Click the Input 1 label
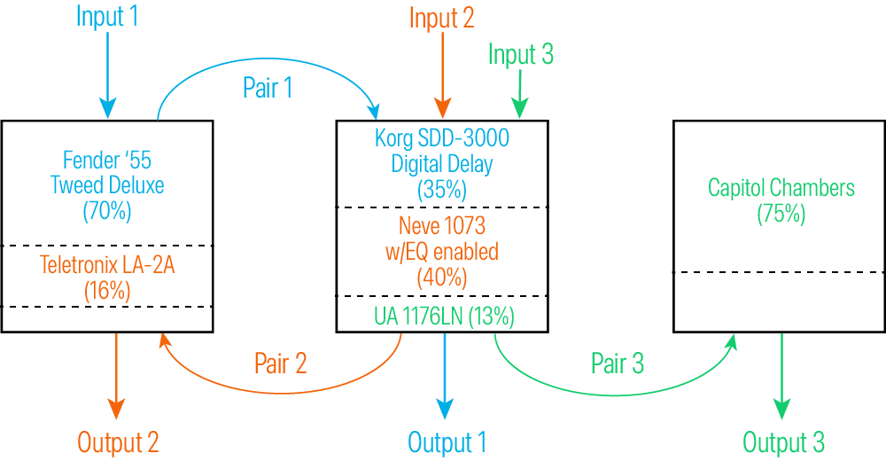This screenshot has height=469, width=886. coord(107,17)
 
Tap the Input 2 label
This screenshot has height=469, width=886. coord(442,18)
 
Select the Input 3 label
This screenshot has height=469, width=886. coord(521,55)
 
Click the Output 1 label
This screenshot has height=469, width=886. coord(447,442)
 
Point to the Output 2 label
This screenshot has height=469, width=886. coord(118,442)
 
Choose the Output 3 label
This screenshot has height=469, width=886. coord(783,442)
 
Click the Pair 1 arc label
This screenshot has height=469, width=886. coord(268,88)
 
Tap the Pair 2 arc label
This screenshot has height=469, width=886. coord(280,363)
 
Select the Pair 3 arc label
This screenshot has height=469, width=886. coord(618,363)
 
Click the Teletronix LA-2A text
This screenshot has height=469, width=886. coord(107,263)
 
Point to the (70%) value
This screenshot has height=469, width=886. coord(107,212)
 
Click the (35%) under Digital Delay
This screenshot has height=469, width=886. coord(441,189)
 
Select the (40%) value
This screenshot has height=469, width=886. coord(441,277)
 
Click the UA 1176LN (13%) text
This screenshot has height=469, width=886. coord(441,315)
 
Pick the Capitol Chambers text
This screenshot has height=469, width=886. coord(781,188)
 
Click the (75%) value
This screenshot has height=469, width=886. coord(781,215)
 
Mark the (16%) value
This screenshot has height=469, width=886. coord(107,289)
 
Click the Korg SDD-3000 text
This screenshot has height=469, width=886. coord(441,138)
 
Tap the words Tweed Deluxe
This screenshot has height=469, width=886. coord(107,186)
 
